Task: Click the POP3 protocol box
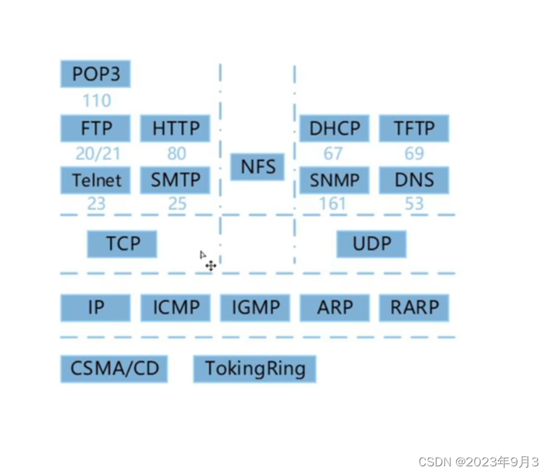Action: coord(95,74)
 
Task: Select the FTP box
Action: coord(95,128)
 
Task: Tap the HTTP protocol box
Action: coord(176,128)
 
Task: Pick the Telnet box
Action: coord(95,180)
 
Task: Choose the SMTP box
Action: coord(176,180)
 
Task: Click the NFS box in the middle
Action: coord(257,167)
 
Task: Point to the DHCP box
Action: coord(335,128)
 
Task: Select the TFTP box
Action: coord(414,128)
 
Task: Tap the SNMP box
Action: coord(335,180)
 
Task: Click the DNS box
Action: coord(414,180)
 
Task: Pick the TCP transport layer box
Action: coord(122,244)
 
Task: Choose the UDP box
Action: coord(371,244)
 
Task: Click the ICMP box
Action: coord(176,307)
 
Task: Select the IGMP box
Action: coord(255,307)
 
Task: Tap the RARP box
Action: coord(414,307)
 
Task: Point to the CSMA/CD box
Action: coord(114,369)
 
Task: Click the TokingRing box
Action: coord(255,369)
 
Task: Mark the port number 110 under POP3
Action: coord(96,100)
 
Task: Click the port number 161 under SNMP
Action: coord(332,203)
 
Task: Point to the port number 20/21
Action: coord(95,154)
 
